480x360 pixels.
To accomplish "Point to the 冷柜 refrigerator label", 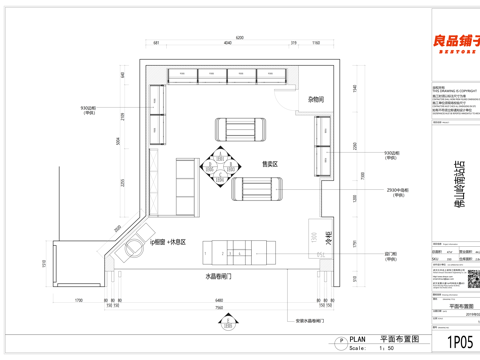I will (x=328, y=240).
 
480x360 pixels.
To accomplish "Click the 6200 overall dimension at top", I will (x=240, y=36).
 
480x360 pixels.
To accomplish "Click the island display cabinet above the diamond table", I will (x=240, y=129).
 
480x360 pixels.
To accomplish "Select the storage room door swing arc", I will (x=291, y=97).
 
